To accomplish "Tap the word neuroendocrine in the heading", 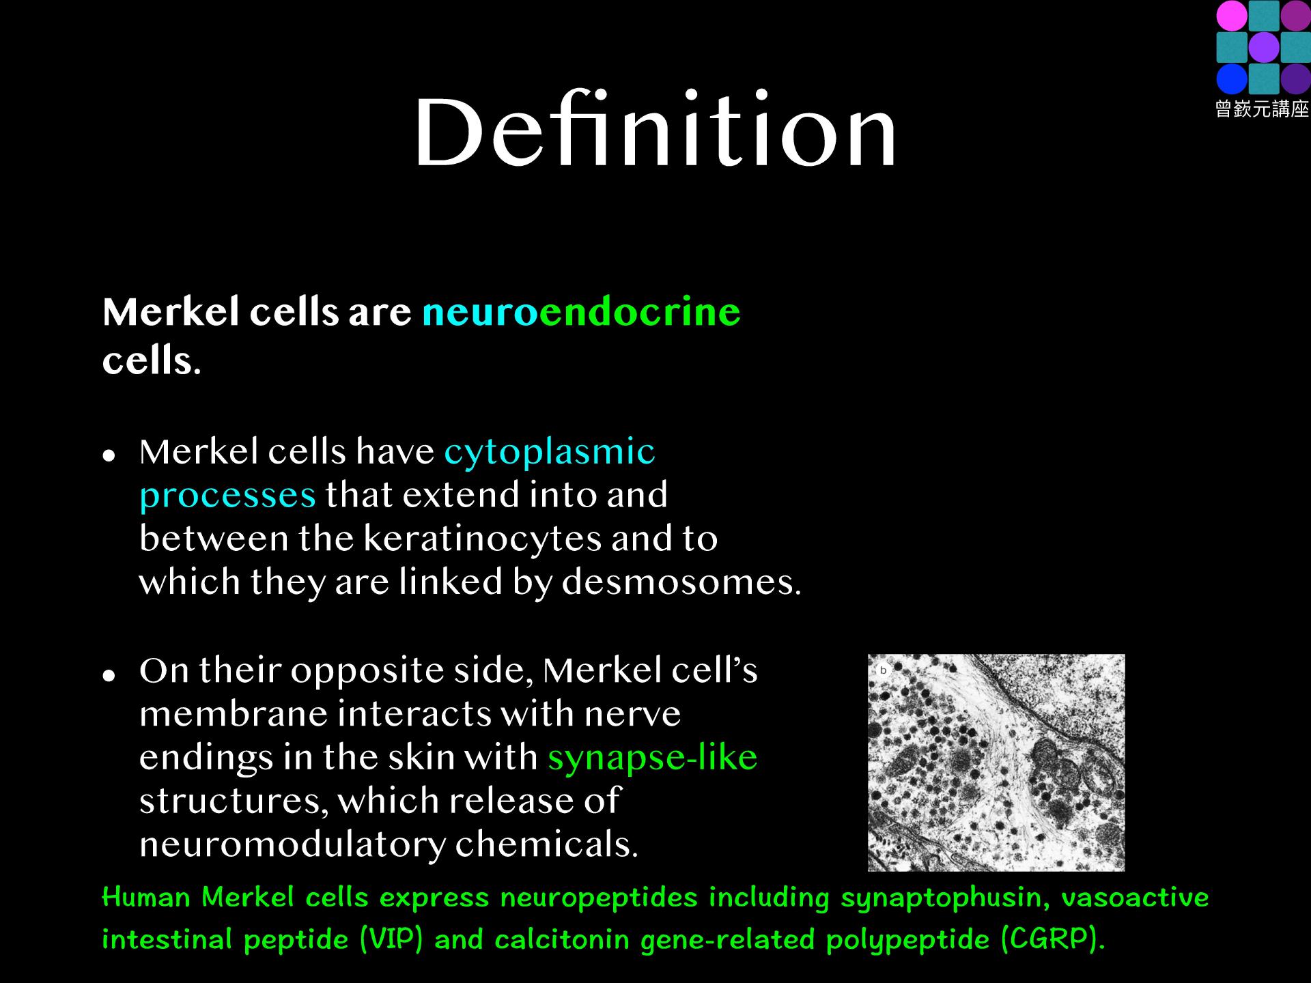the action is tap(581, 312).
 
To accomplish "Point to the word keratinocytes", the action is tap(483, 539).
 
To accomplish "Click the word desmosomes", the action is tap(681, 582).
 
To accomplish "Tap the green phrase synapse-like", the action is tap(652, 758).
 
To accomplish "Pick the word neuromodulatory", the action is tap(292, 845).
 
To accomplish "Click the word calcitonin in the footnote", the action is tap(561, 940).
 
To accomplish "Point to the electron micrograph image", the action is tap(996, 763).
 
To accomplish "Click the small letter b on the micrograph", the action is tap(883, 670).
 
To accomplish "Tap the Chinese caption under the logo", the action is tap(1262, 109).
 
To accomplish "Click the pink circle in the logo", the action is tap(1232, 16).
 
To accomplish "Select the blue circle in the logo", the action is tap(1232, 79).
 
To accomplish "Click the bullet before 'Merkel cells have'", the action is tap(108, 455).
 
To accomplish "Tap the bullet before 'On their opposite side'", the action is tap(108, 674).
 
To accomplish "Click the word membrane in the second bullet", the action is tap(233, 714).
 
